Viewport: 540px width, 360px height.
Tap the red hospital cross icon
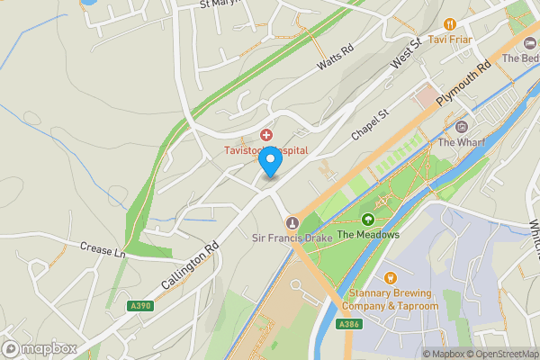[266, 134]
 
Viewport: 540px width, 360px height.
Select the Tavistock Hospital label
[266, 150]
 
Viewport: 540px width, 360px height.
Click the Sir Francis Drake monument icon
[291, 222]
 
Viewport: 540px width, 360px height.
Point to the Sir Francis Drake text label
[291, 238]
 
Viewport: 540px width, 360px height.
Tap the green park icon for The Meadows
[367, 220]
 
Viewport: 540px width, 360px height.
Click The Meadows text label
[367, 235]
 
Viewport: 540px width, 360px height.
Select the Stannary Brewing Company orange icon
[390, 278]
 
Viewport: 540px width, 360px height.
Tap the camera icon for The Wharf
[462, 127]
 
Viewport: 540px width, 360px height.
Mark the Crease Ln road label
[102, 249]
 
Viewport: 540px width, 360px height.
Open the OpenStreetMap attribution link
[499, 353]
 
